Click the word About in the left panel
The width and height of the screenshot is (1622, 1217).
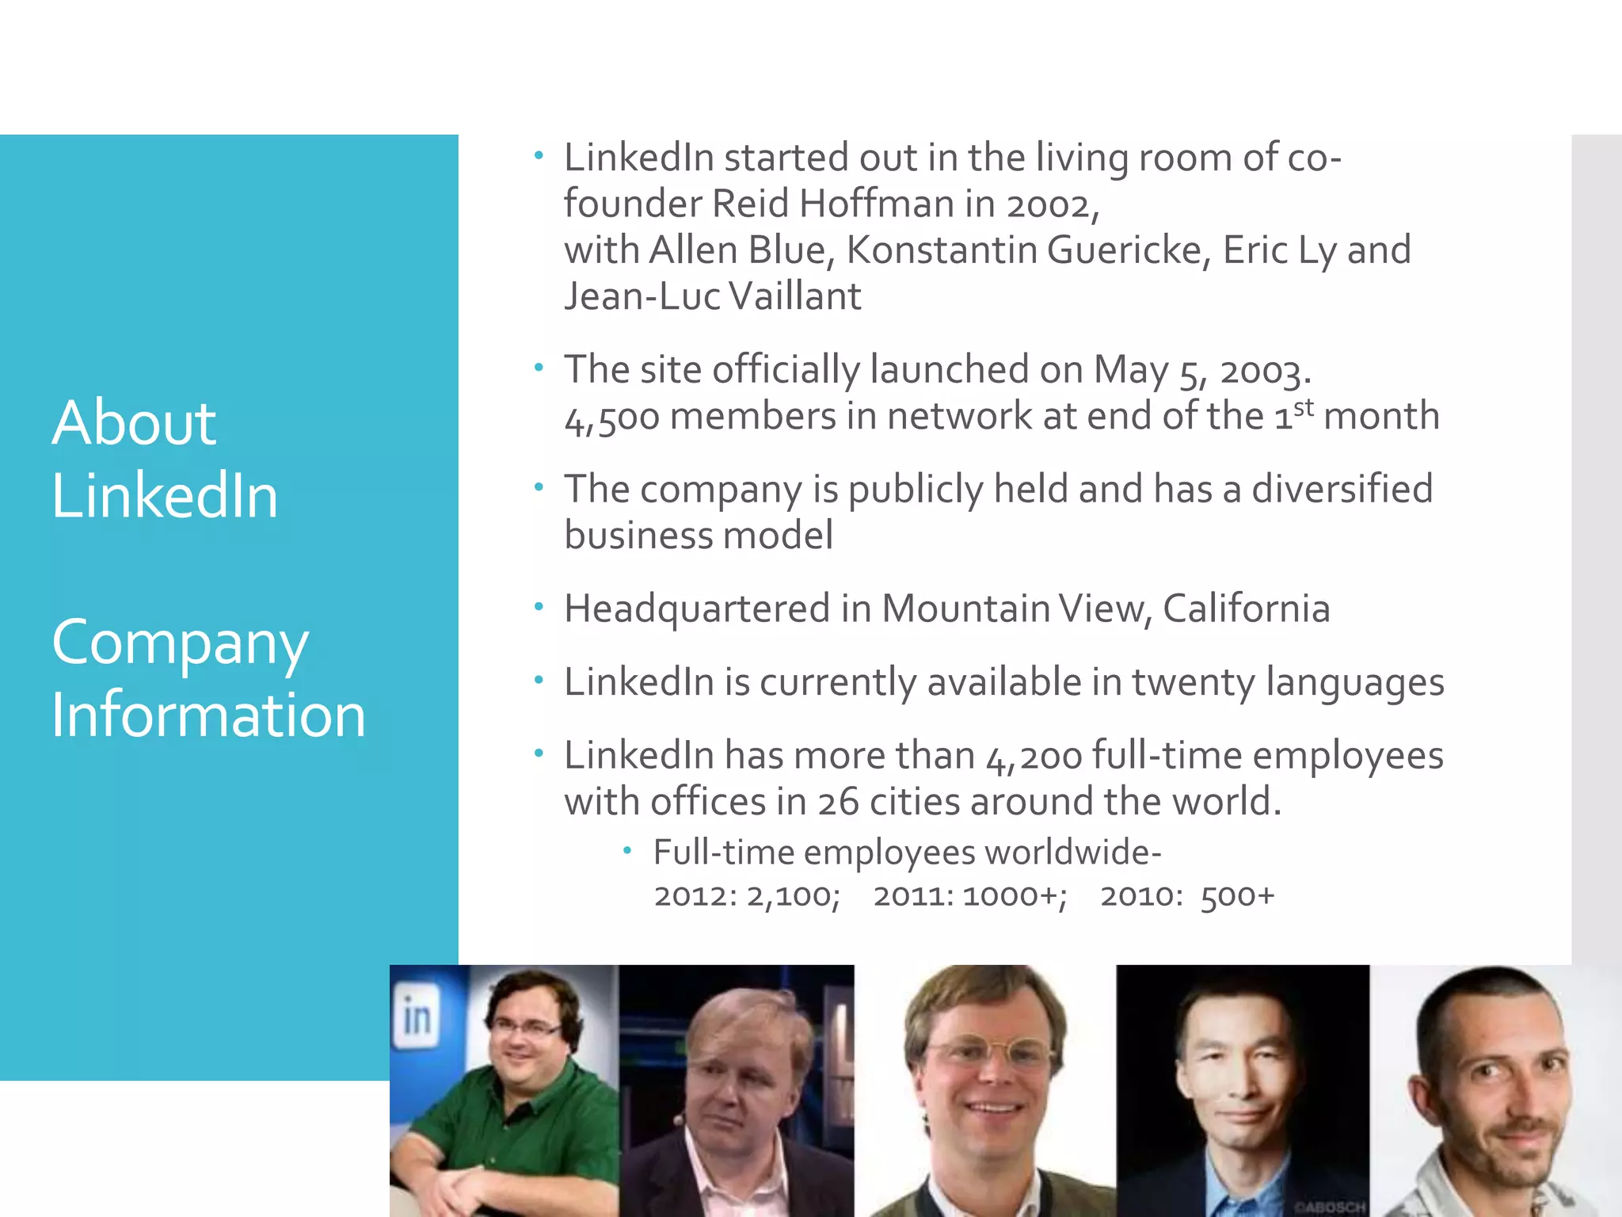coord(134,423)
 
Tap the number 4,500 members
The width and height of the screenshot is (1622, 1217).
coord(611,418)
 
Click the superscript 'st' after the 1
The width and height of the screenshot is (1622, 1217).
coord(1304,407)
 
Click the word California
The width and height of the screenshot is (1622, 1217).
coord(1246,609)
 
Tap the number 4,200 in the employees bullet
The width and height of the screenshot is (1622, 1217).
coord(1034,757)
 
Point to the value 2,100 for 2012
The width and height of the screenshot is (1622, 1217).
coord(792,896)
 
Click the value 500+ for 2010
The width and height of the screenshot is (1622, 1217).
coord(1237,896)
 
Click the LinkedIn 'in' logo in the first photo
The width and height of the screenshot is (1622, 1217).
coord(417,1017)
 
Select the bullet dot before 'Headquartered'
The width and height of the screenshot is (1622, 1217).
coord(539,608)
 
